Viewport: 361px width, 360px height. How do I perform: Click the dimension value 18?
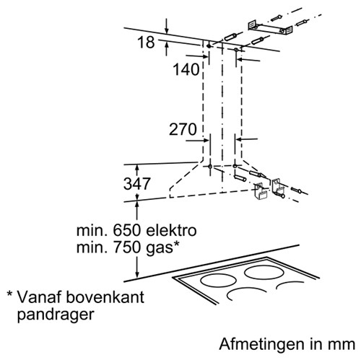(x=146, y=43)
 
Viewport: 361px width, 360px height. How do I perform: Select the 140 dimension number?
(x=186, y=69)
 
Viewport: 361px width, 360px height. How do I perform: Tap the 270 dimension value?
(x=183, y=129)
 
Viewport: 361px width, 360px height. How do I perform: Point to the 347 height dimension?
(x=137, y=183)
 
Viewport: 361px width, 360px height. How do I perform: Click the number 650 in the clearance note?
(x=126, y=230)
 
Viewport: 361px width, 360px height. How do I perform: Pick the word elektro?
(x=171, y=230)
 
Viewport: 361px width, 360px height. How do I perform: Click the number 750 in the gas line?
(x=126, y=247)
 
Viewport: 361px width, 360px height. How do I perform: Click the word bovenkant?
(x=105, y=297)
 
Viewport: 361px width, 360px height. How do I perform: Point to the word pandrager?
(x=56, y=315)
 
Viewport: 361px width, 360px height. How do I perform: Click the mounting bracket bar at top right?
(x=271, y=28)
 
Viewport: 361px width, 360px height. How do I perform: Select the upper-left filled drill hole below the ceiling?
(x=209, y=45)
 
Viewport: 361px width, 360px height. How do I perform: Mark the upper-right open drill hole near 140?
(x=236, y=50)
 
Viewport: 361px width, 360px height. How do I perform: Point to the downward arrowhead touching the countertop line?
(x=137, y=273)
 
